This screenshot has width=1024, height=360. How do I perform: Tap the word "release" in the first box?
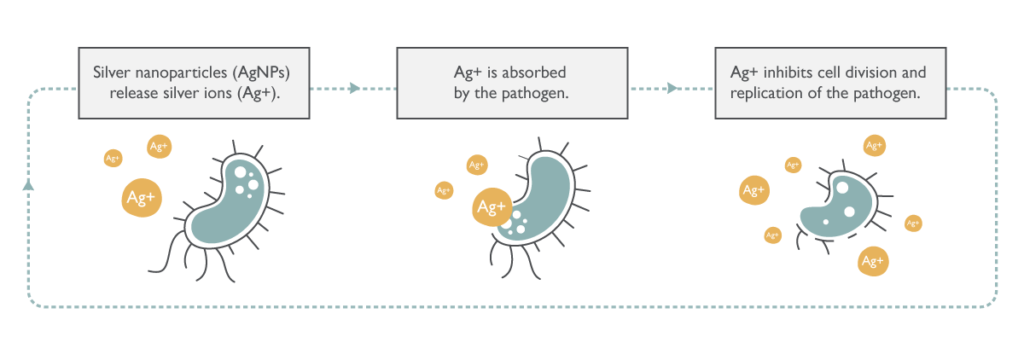[x=137, y=93]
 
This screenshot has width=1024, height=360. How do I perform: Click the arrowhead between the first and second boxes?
[x=355, y=88]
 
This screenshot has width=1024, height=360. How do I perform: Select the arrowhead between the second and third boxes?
[x=672, y=88]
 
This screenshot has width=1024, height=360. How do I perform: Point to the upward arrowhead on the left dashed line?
[x=28, y=184]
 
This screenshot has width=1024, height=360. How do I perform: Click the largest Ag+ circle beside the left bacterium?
[x=141, y=198]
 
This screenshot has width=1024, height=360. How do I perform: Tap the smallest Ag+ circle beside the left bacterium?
[x=113, y=158]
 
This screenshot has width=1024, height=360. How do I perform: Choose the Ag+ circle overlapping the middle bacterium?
[x=492, y=206]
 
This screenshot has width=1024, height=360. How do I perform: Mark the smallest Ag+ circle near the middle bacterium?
[x=444, y=190]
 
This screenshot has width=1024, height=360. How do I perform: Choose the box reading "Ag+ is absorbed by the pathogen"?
[x=506, y=83]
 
